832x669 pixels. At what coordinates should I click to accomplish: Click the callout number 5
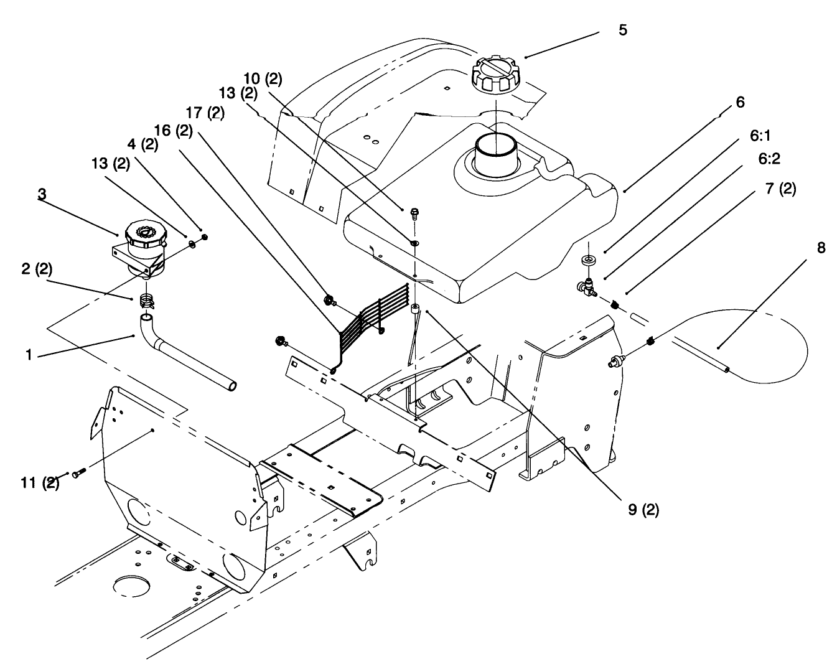[623, 30]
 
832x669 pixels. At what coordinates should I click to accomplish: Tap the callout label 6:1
[760, 136]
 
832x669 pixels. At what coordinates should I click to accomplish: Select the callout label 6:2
[769, 159]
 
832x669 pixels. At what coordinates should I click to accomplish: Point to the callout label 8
[821, 248]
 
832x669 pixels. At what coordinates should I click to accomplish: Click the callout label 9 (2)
[643, 510]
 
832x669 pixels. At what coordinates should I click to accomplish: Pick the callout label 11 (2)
[40, 482]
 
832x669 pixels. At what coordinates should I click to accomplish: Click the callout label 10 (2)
[263, 79]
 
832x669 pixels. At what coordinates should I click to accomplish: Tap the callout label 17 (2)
[205, 113]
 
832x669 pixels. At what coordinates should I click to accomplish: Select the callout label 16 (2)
[173, 131]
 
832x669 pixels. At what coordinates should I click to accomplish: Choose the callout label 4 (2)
[143, 144]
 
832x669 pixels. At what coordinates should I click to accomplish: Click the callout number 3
[42, 194]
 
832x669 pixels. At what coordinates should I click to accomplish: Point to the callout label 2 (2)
[37, 269]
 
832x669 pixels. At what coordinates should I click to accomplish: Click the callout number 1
[29, 355]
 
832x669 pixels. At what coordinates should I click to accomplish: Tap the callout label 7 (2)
[780, 189]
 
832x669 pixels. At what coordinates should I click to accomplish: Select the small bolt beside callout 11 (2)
[78, 473]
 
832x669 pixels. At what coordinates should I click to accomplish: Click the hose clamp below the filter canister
[146, 301]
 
